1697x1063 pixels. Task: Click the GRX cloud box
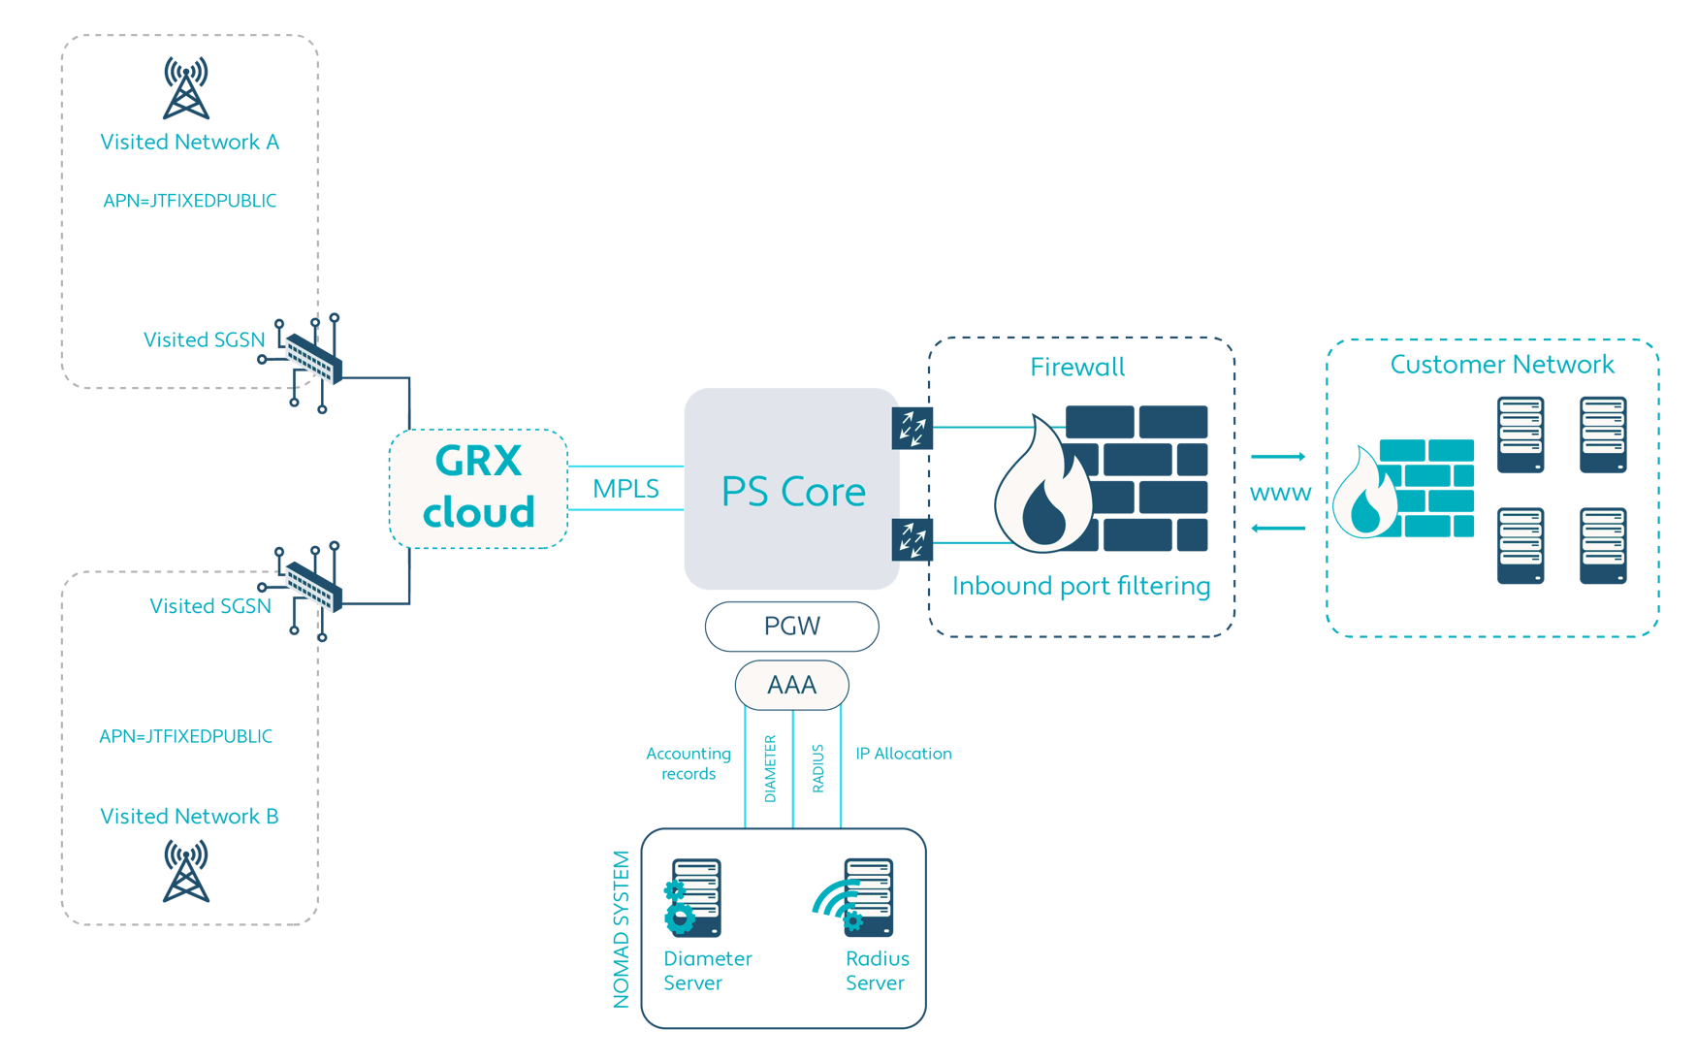tap(478, 488)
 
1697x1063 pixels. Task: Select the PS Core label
tap(793, 492)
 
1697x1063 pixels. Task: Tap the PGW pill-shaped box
tap(791, 627)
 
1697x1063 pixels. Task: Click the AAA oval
tap(791, 686)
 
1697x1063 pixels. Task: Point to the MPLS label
tap(625, 489)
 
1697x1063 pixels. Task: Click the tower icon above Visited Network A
tap(186, 87)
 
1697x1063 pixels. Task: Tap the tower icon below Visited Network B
tap(186, 871)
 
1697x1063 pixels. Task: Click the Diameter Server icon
tap(692, 897)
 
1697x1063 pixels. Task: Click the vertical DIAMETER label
tap(770, 768)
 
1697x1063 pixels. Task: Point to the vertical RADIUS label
tap(817, 768)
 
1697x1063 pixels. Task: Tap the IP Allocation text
tap(903, 754)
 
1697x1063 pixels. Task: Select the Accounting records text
tap(688, 763)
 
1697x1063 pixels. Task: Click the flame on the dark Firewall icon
tap(1043, 490)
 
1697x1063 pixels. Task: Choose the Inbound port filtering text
tap(1081, 586)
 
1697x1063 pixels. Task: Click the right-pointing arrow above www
tap(1278, 456)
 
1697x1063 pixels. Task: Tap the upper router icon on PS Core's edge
tap(913, 428)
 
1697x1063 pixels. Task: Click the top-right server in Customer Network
tap(1603, 435)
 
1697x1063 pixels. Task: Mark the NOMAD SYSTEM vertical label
tap(622, 929)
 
